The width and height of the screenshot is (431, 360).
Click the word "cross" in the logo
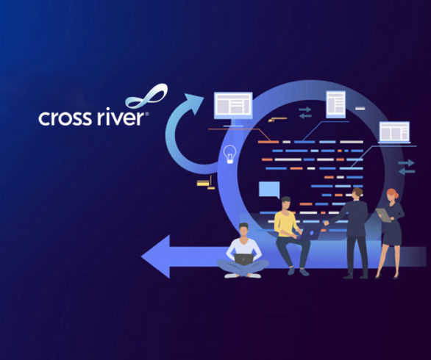click(x=65, y=118)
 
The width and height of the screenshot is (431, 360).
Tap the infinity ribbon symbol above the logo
click(x=146, y=96)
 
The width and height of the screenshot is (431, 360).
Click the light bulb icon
click(x=229, y=154)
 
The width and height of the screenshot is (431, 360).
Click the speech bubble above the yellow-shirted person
click(x=269, y=190)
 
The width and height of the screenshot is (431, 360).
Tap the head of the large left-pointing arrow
click(x=156, y=256)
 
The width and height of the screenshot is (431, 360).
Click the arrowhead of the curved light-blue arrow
click(x=193, y=103)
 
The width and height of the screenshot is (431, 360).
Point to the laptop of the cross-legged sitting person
click(x=243, y=259)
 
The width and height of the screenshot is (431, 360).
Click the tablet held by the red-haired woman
click(x=383, y=215)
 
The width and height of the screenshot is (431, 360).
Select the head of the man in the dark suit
click(x=357, y=194)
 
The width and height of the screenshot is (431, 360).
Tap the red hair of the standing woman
click(x=393, y=192)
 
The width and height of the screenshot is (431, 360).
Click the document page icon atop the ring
click(x=335, y=104)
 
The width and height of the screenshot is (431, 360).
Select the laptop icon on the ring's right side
click(x=394, y=132)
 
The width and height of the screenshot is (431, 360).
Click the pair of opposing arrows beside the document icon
click(x=305, y=112)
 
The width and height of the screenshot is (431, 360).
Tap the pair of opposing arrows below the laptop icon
click(x=407, y=167)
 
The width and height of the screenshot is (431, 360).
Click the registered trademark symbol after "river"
click(x=147, y=114)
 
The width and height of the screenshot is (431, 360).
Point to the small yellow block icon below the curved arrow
click(x=206, y=183)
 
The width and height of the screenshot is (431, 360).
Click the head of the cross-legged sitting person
click(x=243, y=229)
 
